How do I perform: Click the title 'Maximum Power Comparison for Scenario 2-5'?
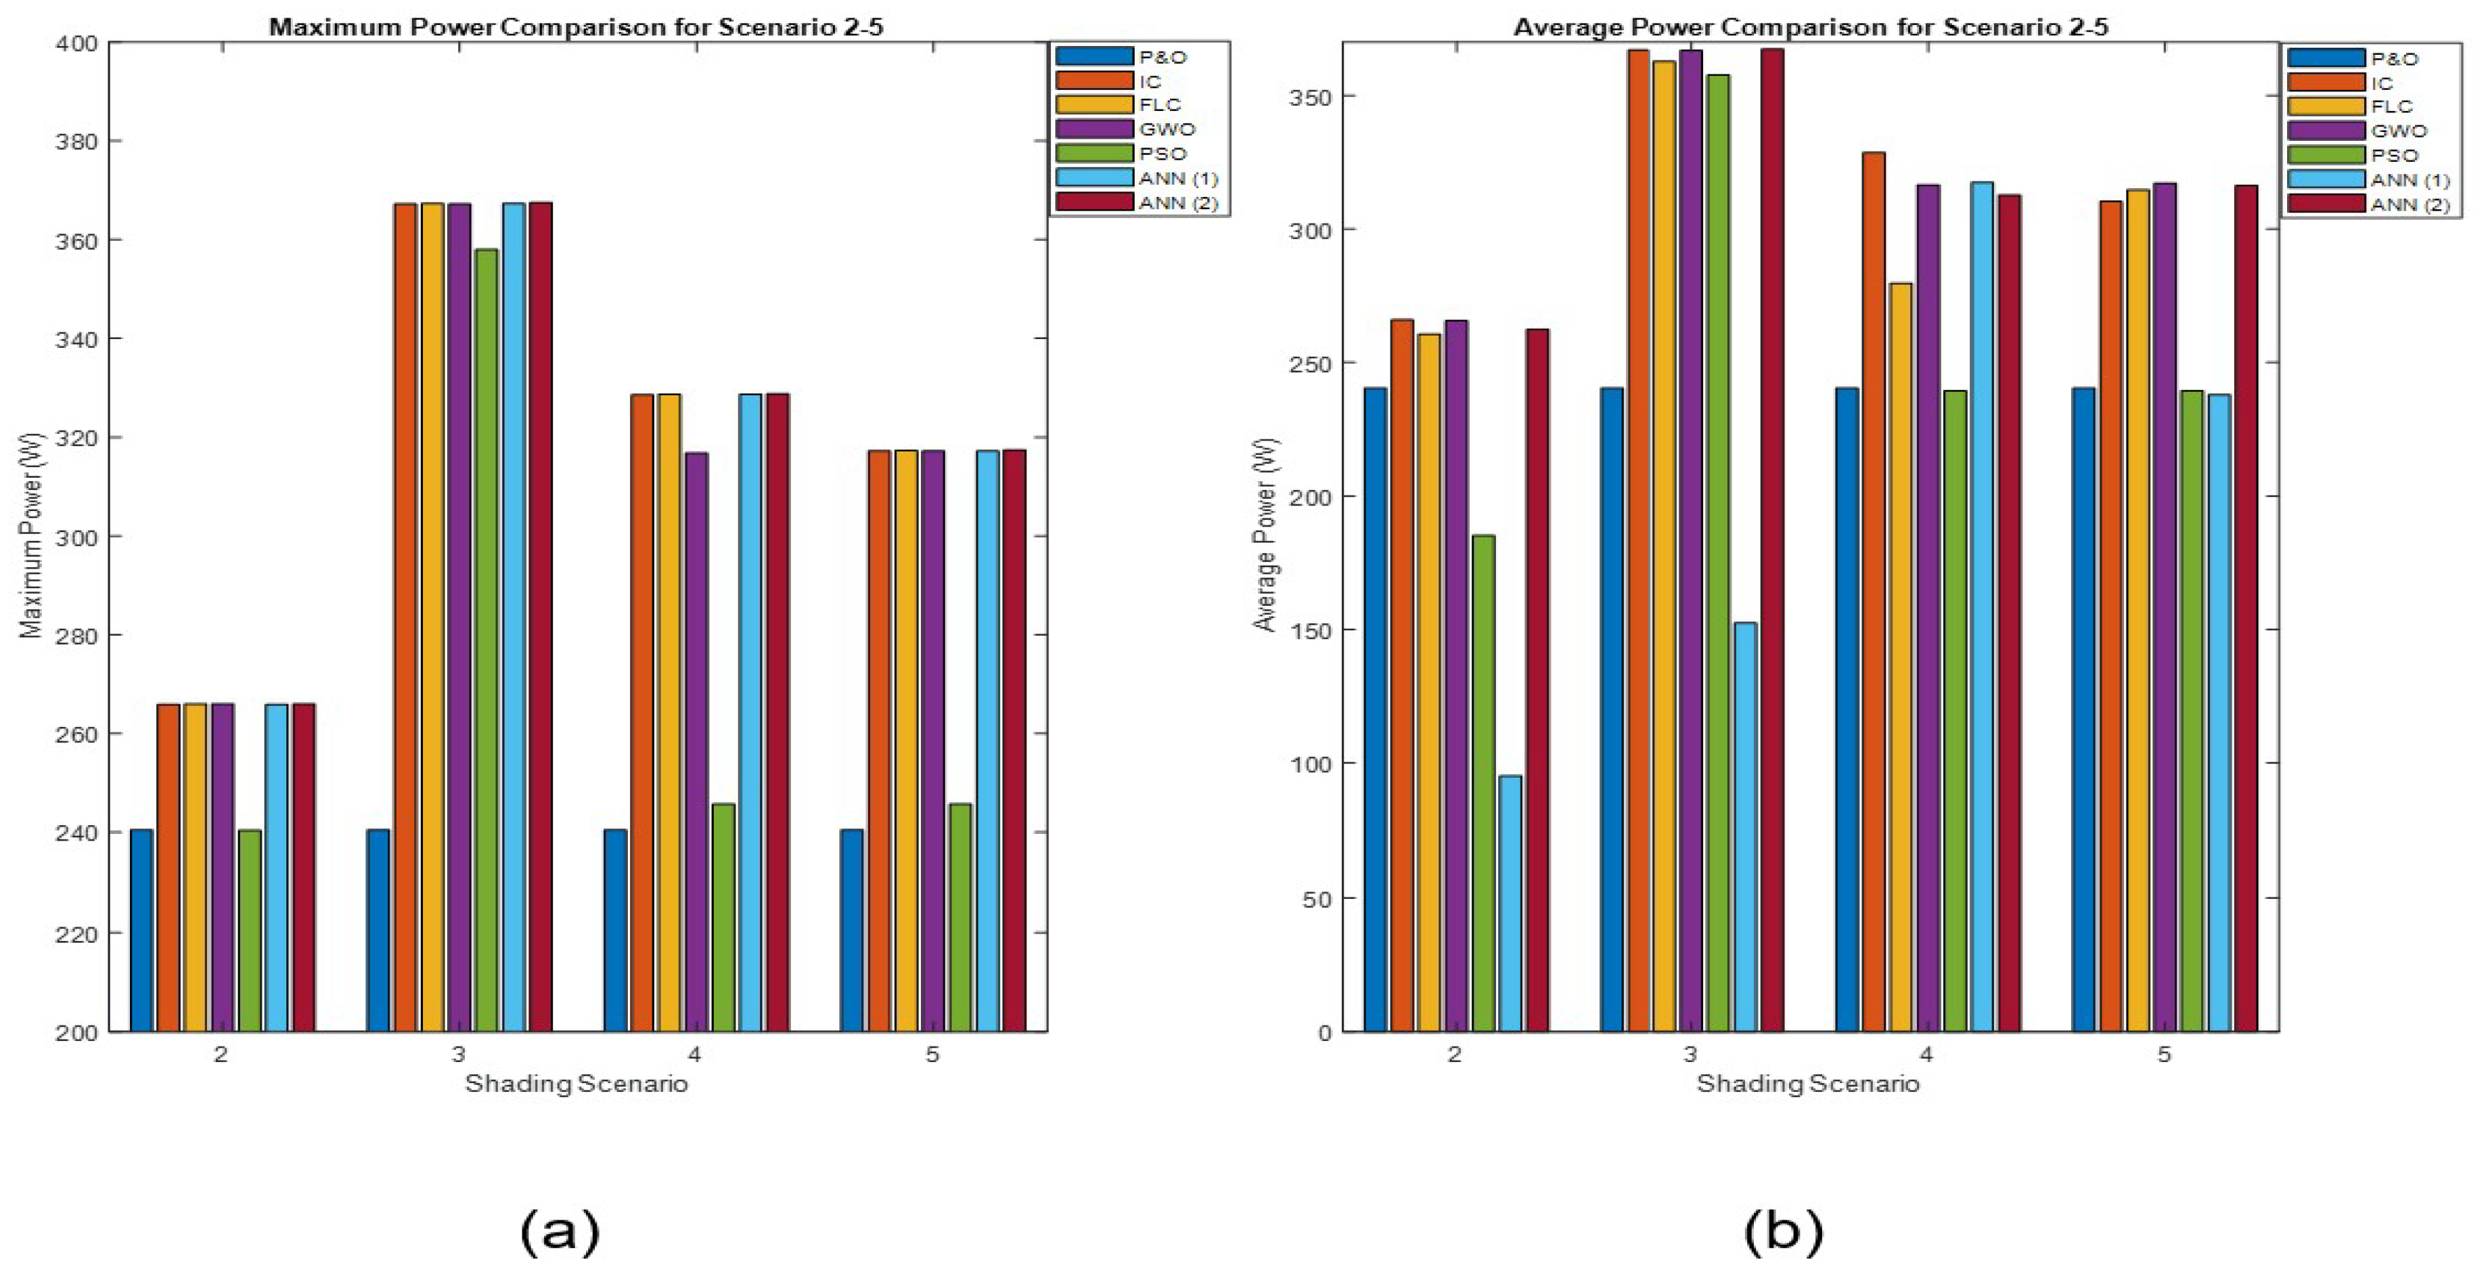(576, 26)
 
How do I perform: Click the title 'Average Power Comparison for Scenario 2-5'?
(1810, 26)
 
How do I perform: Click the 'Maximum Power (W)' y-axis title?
(32, 535)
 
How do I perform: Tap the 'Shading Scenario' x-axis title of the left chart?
(576, 1084)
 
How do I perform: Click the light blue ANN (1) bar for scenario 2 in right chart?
(1510, 903)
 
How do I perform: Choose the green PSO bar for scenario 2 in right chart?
(1483, 782)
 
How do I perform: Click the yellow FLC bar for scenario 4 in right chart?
(1901, 657)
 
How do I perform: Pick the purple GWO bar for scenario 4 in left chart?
(696, 739)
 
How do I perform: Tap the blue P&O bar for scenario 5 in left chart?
(852, 929)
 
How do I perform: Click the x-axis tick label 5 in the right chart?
(2163, 1055)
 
